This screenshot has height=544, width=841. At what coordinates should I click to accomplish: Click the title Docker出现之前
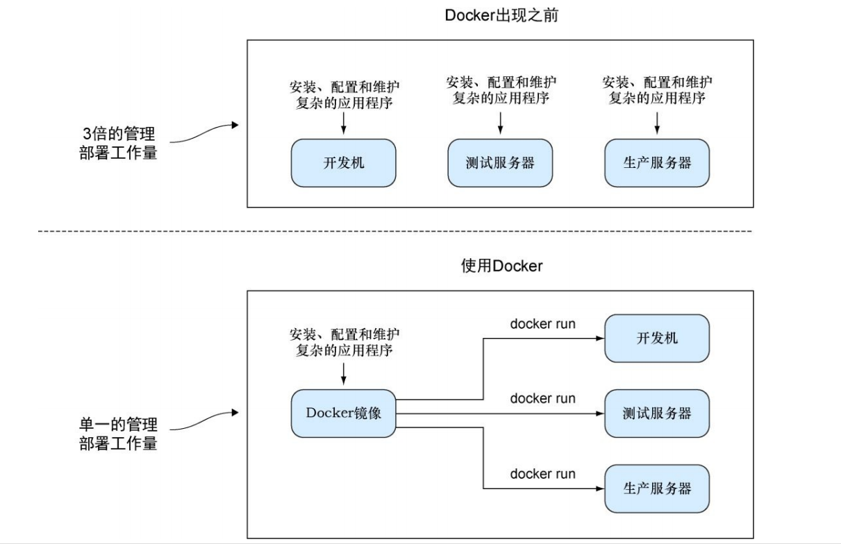tap(501, 16)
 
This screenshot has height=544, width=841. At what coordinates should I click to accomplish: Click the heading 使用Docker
tap(501, 266)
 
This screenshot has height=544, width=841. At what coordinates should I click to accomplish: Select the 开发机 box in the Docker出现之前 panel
tap(344, 163)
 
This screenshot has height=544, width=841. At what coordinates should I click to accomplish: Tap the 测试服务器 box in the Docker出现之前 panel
tap(500, 163)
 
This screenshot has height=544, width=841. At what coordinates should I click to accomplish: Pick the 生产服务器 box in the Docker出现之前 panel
tap(657, 163)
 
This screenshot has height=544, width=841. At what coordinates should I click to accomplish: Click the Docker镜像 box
tap(344, 413)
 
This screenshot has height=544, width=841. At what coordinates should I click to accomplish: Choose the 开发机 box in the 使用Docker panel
tap(657, 339)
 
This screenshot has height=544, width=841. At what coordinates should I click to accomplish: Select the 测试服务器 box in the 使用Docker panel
tap(657, 414)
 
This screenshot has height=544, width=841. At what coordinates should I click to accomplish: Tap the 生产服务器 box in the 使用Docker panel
tap(657, 488)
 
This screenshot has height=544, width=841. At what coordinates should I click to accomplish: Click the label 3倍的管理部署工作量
tap(118, 144)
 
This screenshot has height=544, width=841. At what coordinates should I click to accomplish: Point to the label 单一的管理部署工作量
tap(118, 434)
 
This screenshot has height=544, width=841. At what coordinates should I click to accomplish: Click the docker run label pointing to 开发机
tap(542, 324)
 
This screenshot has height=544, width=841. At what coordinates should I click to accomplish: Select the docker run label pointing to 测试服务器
tap(542, 399)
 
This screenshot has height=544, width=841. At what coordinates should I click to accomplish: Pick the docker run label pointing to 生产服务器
tap(542, 474)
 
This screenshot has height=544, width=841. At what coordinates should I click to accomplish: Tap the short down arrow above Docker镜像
tap(344, 374)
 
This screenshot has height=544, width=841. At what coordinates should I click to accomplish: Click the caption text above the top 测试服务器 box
tap(500, 90)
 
